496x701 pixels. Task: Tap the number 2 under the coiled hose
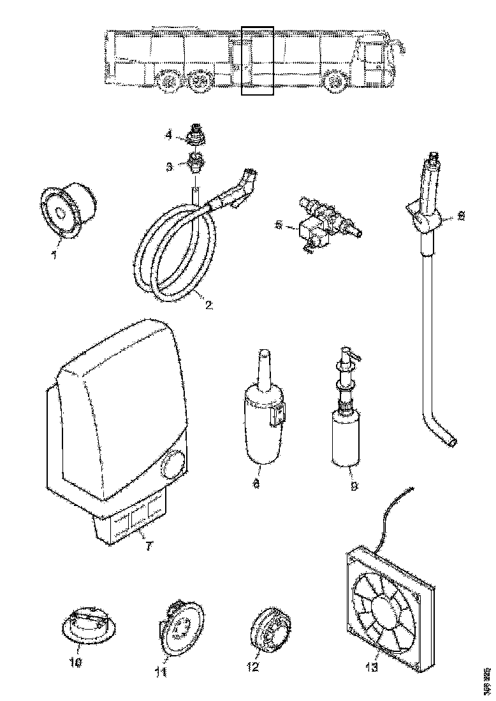pos(208,304)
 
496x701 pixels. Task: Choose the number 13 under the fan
pos(371,667)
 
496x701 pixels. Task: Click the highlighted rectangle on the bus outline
pos(257,61)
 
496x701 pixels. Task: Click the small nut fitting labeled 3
pos(196,164)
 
